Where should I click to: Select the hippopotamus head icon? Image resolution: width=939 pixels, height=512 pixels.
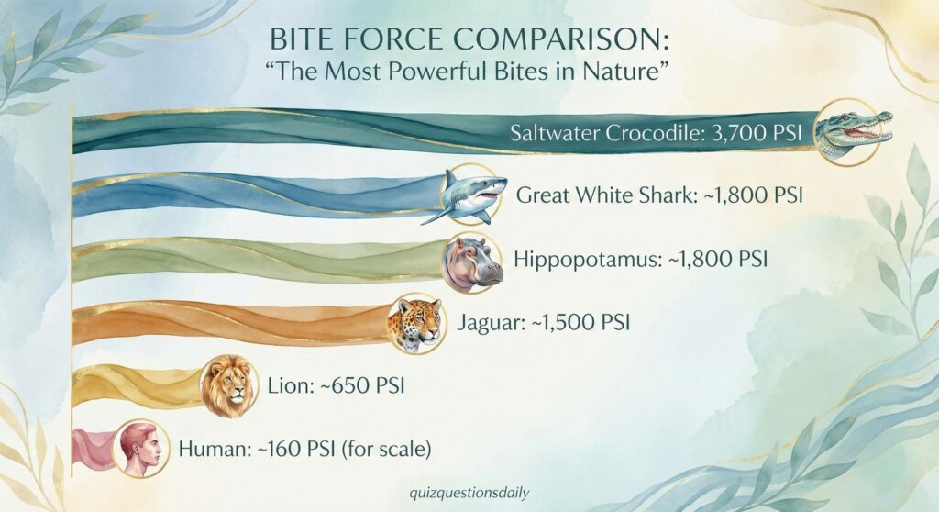[x=473, y=262]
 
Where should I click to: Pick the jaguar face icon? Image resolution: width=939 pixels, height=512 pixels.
[x=416, y=324]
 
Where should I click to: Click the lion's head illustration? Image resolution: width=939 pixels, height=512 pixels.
[x=228, y=385]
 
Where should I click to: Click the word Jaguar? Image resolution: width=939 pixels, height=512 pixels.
[x=492, y=323]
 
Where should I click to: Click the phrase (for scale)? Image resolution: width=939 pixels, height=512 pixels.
[x=386, y=449]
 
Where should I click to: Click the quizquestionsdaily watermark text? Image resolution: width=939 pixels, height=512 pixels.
[x=469, y=493]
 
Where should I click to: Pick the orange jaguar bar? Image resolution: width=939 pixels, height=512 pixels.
[x=234, y=323]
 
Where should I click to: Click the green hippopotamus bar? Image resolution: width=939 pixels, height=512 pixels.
[x=260, y=259]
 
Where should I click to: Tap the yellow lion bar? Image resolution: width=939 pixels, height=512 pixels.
[x=139, y=384]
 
